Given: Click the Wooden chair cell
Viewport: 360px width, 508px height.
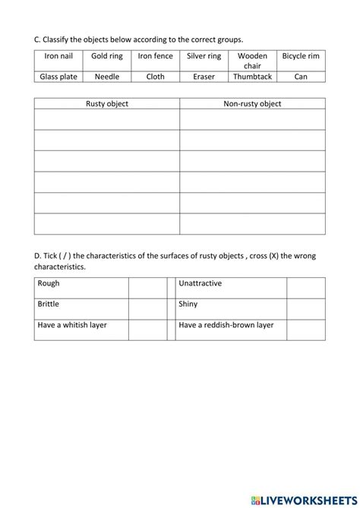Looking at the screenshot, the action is tap(252, 60).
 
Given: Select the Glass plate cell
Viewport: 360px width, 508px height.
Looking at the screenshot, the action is tap(58, 77).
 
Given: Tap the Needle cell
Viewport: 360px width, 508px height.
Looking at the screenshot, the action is tap(107, 77).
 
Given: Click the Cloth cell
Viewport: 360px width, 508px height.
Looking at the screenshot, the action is tap(155, 77).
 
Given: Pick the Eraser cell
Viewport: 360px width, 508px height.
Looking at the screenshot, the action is tap(204, 77).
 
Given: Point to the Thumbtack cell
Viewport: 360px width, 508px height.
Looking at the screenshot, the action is tap(252, 77).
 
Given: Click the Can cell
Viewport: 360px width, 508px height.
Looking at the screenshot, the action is tap(301, 77).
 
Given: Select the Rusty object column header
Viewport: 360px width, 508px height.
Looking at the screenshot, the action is tap(107, 104).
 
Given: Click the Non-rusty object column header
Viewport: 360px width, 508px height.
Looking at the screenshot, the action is tap(252, 104).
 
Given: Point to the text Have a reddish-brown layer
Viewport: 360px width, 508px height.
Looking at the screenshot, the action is tap(226, 325).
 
